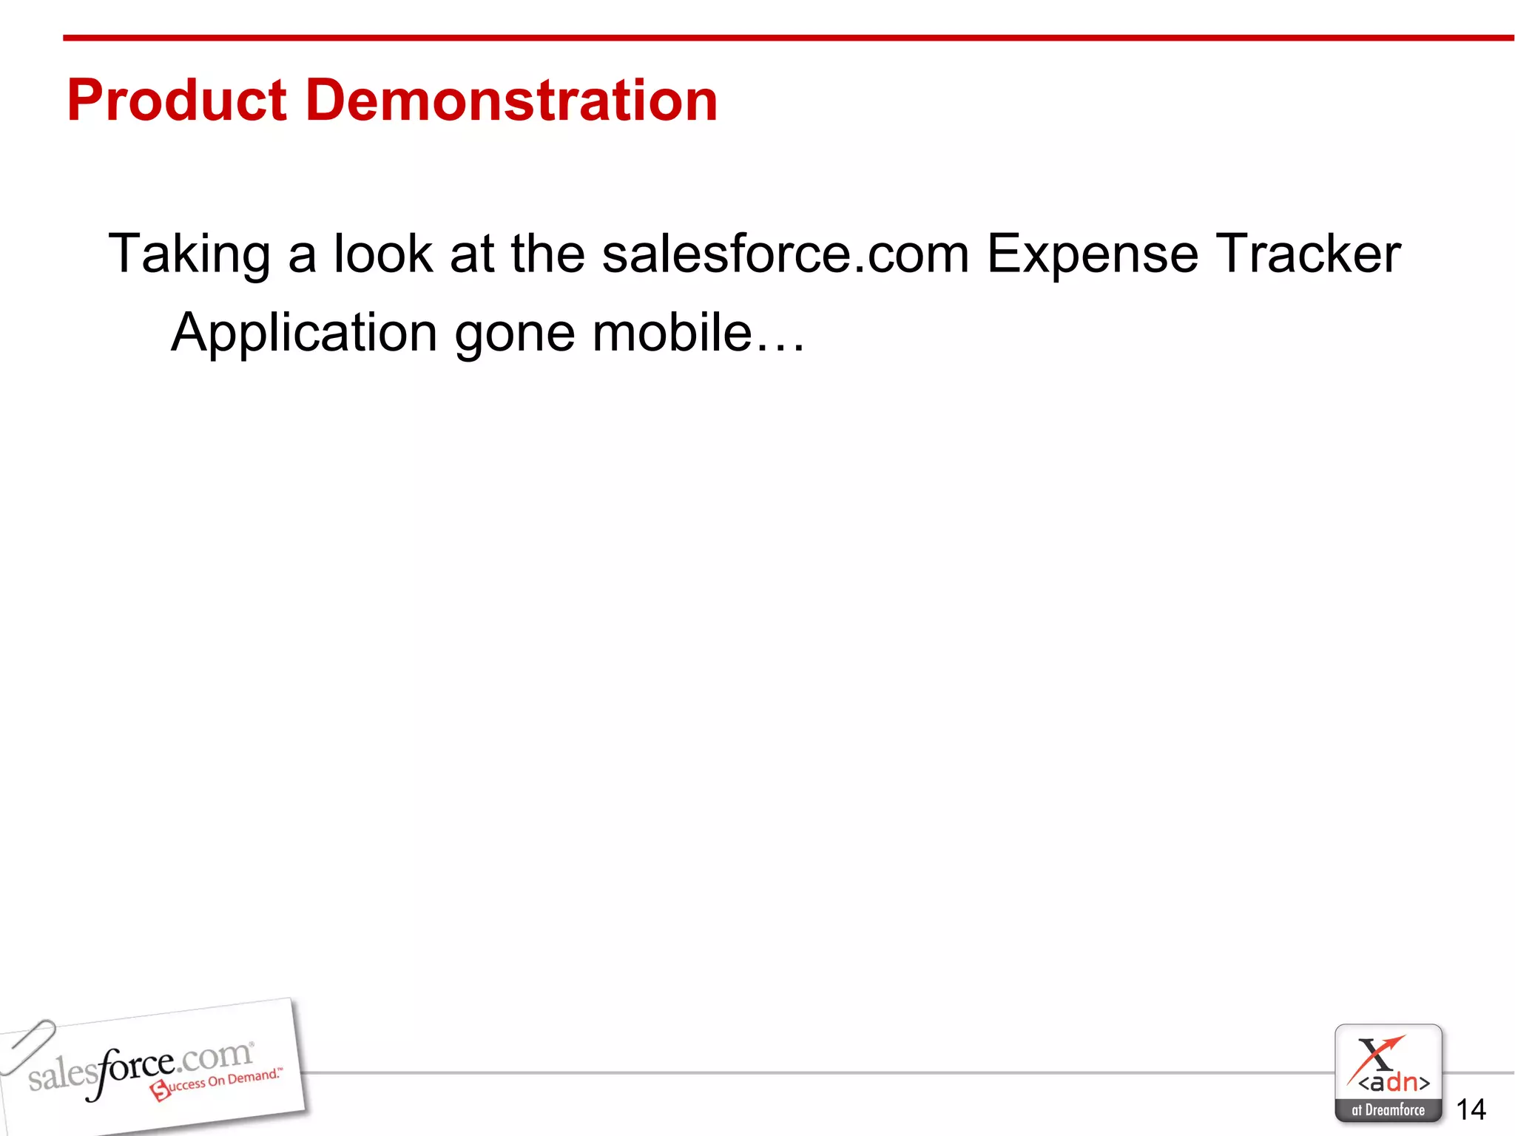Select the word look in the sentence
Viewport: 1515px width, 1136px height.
coord(382,254)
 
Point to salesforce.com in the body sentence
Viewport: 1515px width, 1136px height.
coord(785,254)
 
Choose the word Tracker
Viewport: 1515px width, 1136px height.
coord(1308,254)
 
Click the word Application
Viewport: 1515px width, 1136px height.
coord(304,334)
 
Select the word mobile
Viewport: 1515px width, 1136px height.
coord(672,332)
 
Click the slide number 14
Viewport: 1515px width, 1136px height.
coord(1471,1109)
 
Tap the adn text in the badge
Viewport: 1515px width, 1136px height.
coord(1394,1083)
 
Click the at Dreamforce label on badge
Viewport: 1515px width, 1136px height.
coord(1388,1110)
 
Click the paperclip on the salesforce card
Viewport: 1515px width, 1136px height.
coord(28,1046)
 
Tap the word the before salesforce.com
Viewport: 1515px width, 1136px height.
coord(547,254)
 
